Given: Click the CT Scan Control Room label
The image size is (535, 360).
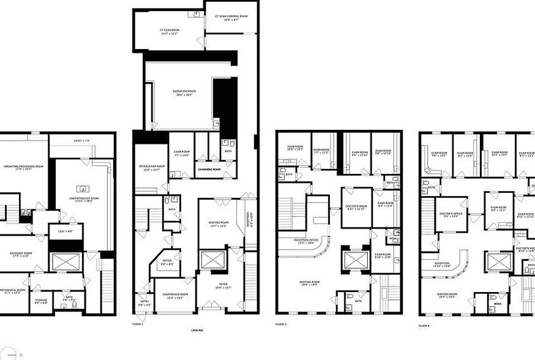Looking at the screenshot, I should click(x=231, y=17).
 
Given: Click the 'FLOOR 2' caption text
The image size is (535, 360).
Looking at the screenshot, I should click(x=138, y=324).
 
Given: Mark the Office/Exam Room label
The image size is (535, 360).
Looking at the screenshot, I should click(x=152, y=167).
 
